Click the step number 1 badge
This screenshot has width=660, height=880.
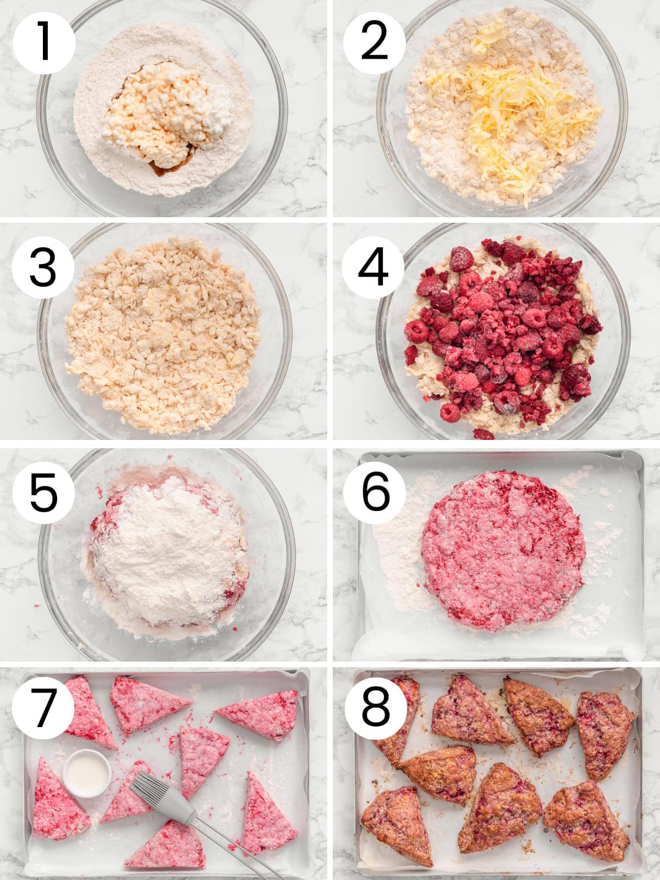[44, 43]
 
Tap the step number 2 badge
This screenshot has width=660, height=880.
[375, 43]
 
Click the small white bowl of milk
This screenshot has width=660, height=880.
[86, 773]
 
